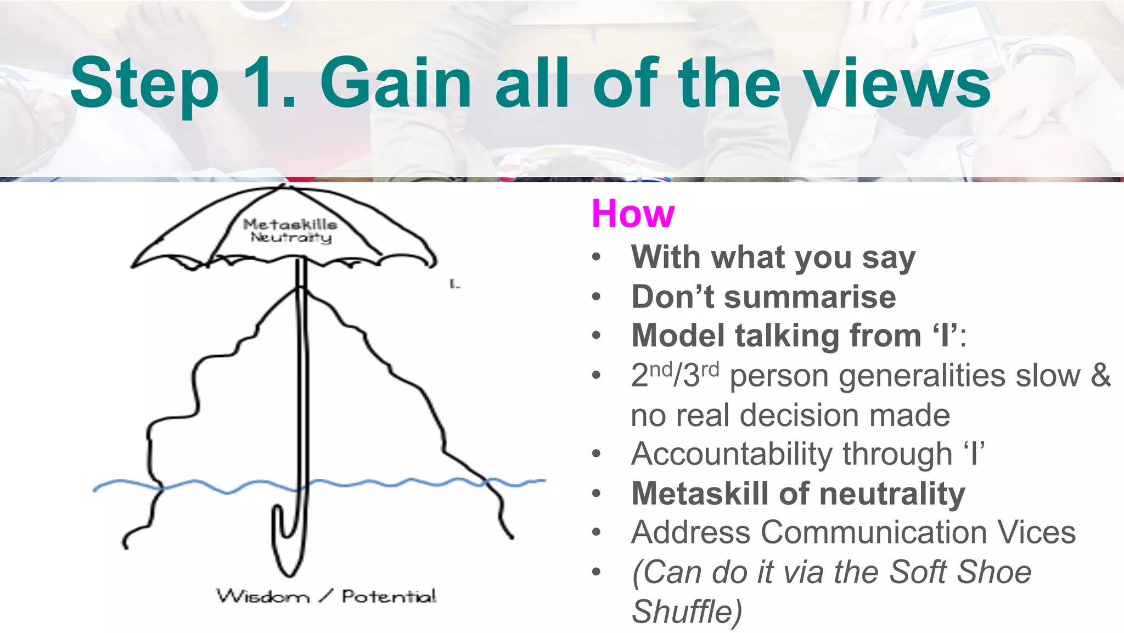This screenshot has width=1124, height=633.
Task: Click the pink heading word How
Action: click(x=632, y=213)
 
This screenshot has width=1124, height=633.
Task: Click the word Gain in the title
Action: click(x=395, y=83)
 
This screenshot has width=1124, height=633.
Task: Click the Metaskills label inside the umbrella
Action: click(x=290, y=224)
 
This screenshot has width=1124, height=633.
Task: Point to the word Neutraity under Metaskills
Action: click(x=291, y=237)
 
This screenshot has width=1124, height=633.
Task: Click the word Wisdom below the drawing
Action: click(x=263, y=596)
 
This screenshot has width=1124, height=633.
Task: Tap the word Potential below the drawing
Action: click(x=389, y=596)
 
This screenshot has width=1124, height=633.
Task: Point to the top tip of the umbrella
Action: click(x=284, y=186)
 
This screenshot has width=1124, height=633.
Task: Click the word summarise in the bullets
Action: click(x=810, y=297)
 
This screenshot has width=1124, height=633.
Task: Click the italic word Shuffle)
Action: click(x=686, y=612)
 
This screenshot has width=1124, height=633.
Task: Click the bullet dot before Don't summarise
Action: click(x=597, y=298)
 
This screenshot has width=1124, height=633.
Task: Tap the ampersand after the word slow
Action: click(x=1100, y=376)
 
